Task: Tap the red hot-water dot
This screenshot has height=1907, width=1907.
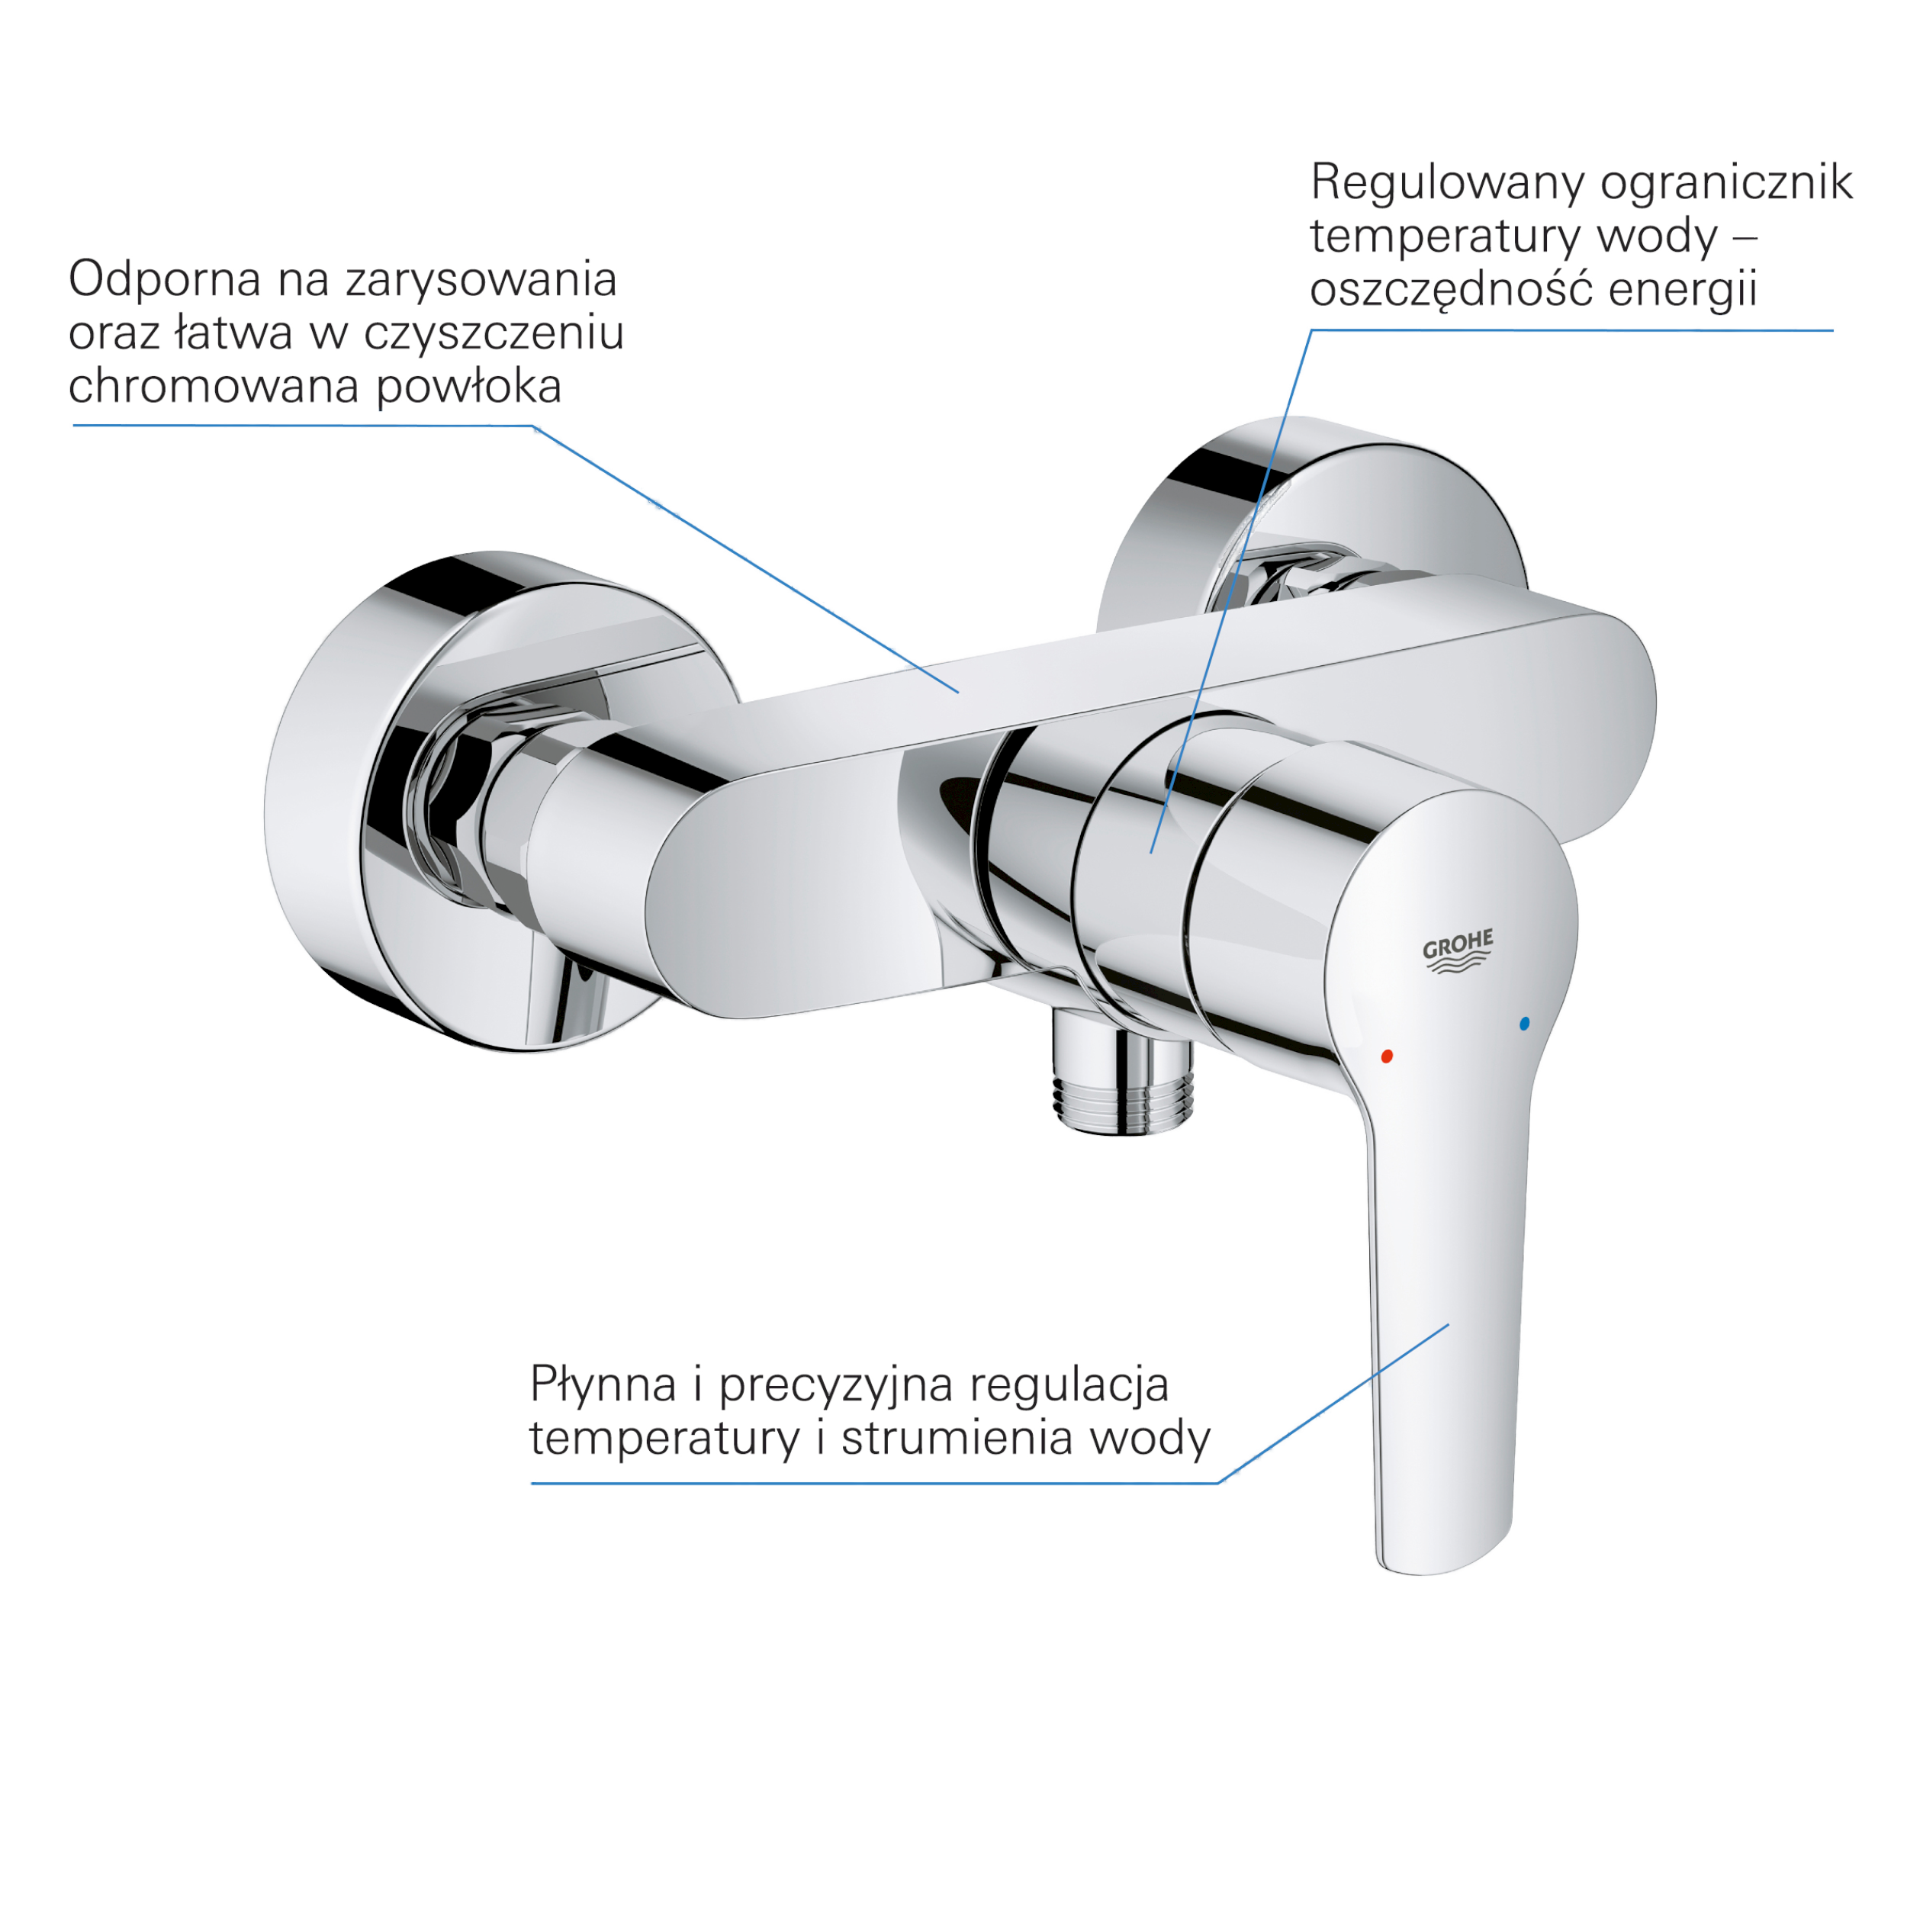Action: coord(1386,1056)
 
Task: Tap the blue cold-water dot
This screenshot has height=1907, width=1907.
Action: coord(1524,1024)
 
